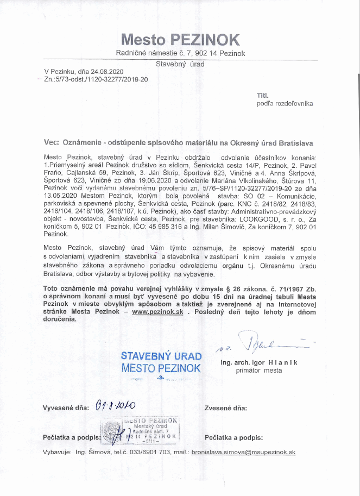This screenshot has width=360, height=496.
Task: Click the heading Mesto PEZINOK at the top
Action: [180, 39]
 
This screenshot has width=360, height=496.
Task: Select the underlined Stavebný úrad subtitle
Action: [180, 64]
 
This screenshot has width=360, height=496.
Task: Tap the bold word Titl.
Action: [262, 95]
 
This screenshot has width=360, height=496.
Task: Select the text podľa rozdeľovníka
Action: [285, 103]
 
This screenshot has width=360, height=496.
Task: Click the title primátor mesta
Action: [259, 371]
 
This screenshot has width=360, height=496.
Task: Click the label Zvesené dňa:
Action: [226, 407]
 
